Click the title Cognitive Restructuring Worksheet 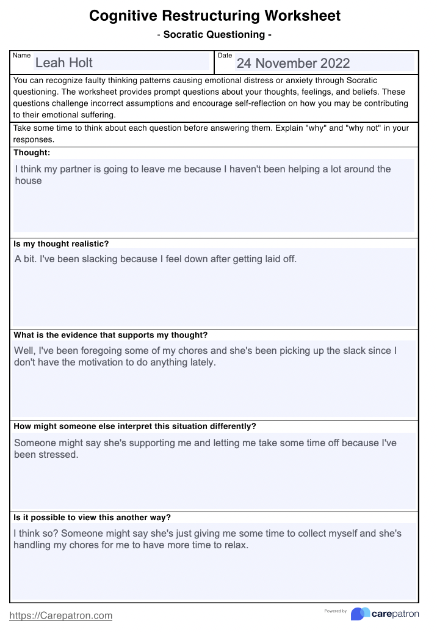pos(215,16)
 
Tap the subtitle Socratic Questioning pos(214,35)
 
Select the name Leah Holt pos(64,62)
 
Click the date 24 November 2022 pos(293,63)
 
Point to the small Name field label pos(21,56)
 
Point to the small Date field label pos(225,56)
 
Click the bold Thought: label pos(32,153)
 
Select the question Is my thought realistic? pos(61,244)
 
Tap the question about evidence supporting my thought pos(110,335)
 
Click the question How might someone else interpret pos(135,426)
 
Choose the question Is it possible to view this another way pos(92,517)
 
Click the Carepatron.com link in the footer pos(61,615)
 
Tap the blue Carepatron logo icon pos(360,614)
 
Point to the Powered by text pos(336,611)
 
